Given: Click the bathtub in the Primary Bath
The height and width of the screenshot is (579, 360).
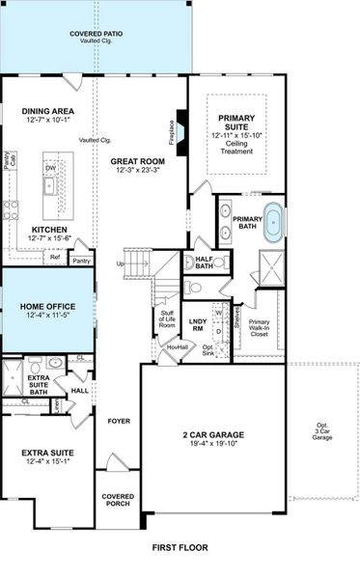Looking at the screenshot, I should (x=276, y=222).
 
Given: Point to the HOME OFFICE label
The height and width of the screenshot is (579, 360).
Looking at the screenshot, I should (x=46, y=306).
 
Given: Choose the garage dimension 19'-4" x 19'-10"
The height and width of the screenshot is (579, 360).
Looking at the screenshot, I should (x=213, y=444).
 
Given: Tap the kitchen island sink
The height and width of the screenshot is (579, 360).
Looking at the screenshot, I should (x=50, y=183).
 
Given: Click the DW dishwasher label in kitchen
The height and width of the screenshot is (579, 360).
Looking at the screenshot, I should (x=49, y=166).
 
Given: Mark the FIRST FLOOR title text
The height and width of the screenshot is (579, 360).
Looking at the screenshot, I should (x=180, y=547).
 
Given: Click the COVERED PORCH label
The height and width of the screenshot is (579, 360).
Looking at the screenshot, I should (x=118, y=501).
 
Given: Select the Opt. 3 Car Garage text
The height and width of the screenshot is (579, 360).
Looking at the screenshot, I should (x=321, y=430).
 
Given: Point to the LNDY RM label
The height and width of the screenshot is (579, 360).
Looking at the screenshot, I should (x=198, y=323).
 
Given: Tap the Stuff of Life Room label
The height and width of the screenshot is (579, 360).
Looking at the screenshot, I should (x=166, y=319).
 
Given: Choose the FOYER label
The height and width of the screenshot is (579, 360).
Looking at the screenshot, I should (x=118, y=421).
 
